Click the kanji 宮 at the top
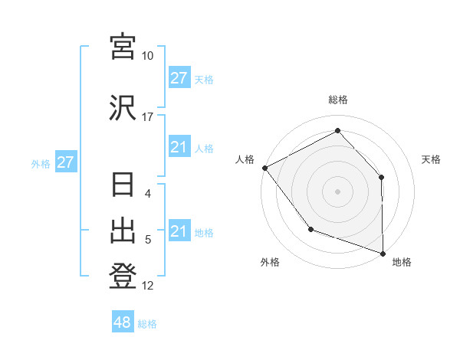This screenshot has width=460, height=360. pyautogui.click(x=123, y=46)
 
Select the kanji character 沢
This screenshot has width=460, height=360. pyautogui.click(x=123, y=107)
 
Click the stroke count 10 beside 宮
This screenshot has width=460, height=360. pyautogui.click(x=148, y=56)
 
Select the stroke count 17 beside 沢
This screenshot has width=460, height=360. pyautogui.click(x=148, y=117)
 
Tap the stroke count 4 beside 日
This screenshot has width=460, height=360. pyautogui.click(x=148, y=193)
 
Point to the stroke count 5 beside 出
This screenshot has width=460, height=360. pyautogui.click(x=148, y=240)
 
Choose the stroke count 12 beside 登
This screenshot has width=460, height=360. pyautogui.click(x=148, y=286)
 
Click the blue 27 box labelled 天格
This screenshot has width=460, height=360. pyautogui.click(x=179, y=78)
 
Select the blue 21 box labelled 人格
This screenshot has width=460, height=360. pyautogui.click(x=179, y=147)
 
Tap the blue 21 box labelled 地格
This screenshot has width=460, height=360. pyautogui.click(x=179, y=231)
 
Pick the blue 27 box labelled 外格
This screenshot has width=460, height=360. pyautogui.click(x=65, y=162)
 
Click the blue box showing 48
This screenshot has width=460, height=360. pyautogui.click(x=122, y=322)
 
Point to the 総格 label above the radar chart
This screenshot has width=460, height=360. pyautogui.click(x=337, y=100)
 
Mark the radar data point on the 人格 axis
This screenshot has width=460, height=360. pyautogui.click(x=264, y=168)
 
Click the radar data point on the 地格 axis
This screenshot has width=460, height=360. pyautogui.click(x=383, y=252)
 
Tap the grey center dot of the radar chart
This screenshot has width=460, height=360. pyautogui.click(x=337, y=191)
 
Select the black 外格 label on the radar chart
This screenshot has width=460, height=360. pyautogui.click(x=270, y=262)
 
